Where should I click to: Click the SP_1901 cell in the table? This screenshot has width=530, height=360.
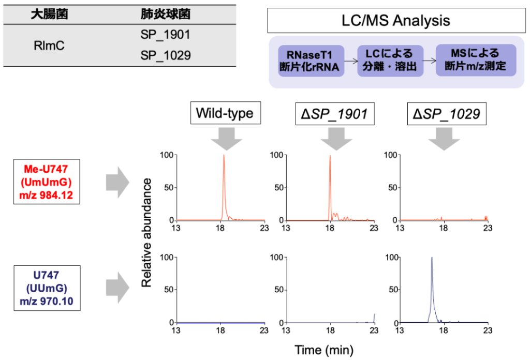point(165,35)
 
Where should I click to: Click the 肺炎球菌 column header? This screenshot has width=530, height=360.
point(165,14)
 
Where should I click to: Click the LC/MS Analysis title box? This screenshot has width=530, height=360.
point(396,21)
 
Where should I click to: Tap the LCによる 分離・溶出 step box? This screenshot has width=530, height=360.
point(390,60)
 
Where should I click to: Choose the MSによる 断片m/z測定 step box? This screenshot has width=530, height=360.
point(475,60)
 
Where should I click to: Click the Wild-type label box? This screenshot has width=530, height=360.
point(224,113)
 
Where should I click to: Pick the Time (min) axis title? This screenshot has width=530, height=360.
point(324,350)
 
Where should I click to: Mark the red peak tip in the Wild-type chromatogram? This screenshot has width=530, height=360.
point(224,155)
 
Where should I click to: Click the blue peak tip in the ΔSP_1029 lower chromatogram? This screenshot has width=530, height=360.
point(432,258)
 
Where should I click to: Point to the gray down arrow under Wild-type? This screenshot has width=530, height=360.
point(224,138)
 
